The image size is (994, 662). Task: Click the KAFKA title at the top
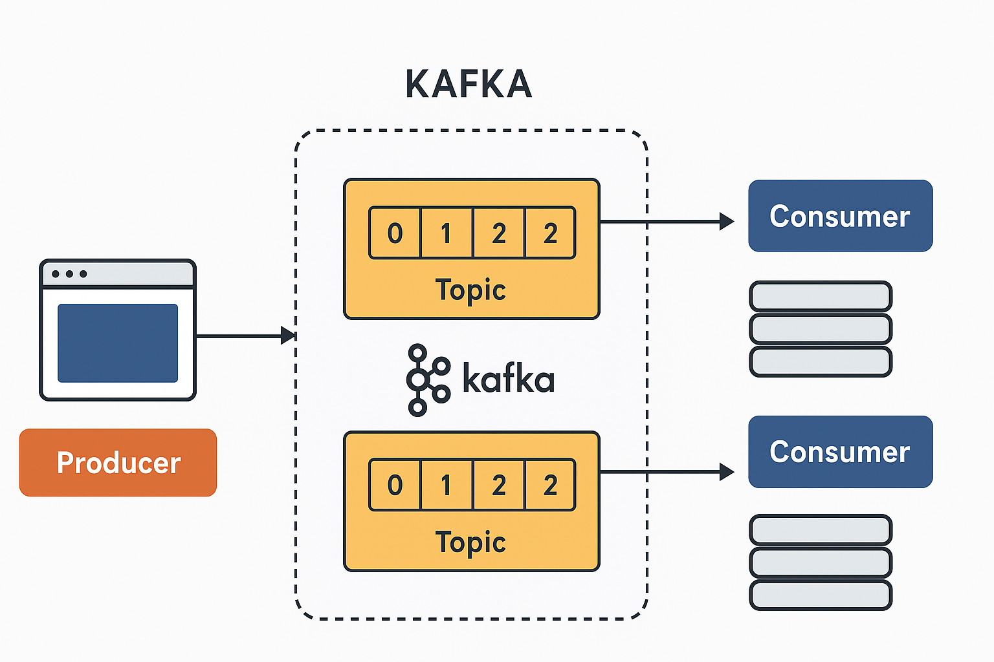(x=469, y=85)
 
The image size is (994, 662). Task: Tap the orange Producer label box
(x=118, y=463)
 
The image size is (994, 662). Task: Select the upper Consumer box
(x=840, y=216)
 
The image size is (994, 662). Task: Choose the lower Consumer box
(x=840, y=452)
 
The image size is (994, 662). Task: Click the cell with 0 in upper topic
(x=395, y=233)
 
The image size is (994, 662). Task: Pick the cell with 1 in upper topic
(x=447, y=233)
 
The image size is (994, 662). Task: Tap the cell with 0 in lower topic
(x=395, y=486)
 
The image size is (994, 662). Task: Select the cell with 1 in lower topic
(x=447, y=486)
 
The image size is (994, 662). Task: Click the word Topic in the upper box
(x=470, y=290)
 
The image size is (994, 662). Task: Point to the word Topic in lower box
(x=470, y=542)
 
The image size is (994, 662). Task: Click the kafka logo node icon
(x=426, y=380)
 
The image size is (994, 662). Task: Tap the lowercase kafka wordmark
(x=509, y=379)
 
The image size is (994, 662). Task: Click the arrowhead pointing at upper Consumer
(x=726, y=222)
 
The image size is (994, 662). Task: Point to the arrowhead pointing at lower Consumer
(x=726, y=472)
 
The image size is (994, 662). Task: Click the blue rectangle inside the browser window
(x=118, y=343)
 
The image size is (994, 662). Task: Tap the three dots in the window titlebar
(x=69, y=274)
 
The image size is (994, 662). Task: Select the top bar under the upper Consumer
(x=821, y=297)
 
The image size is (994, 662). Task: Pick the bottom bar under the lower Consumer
(x=821, y=595)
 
